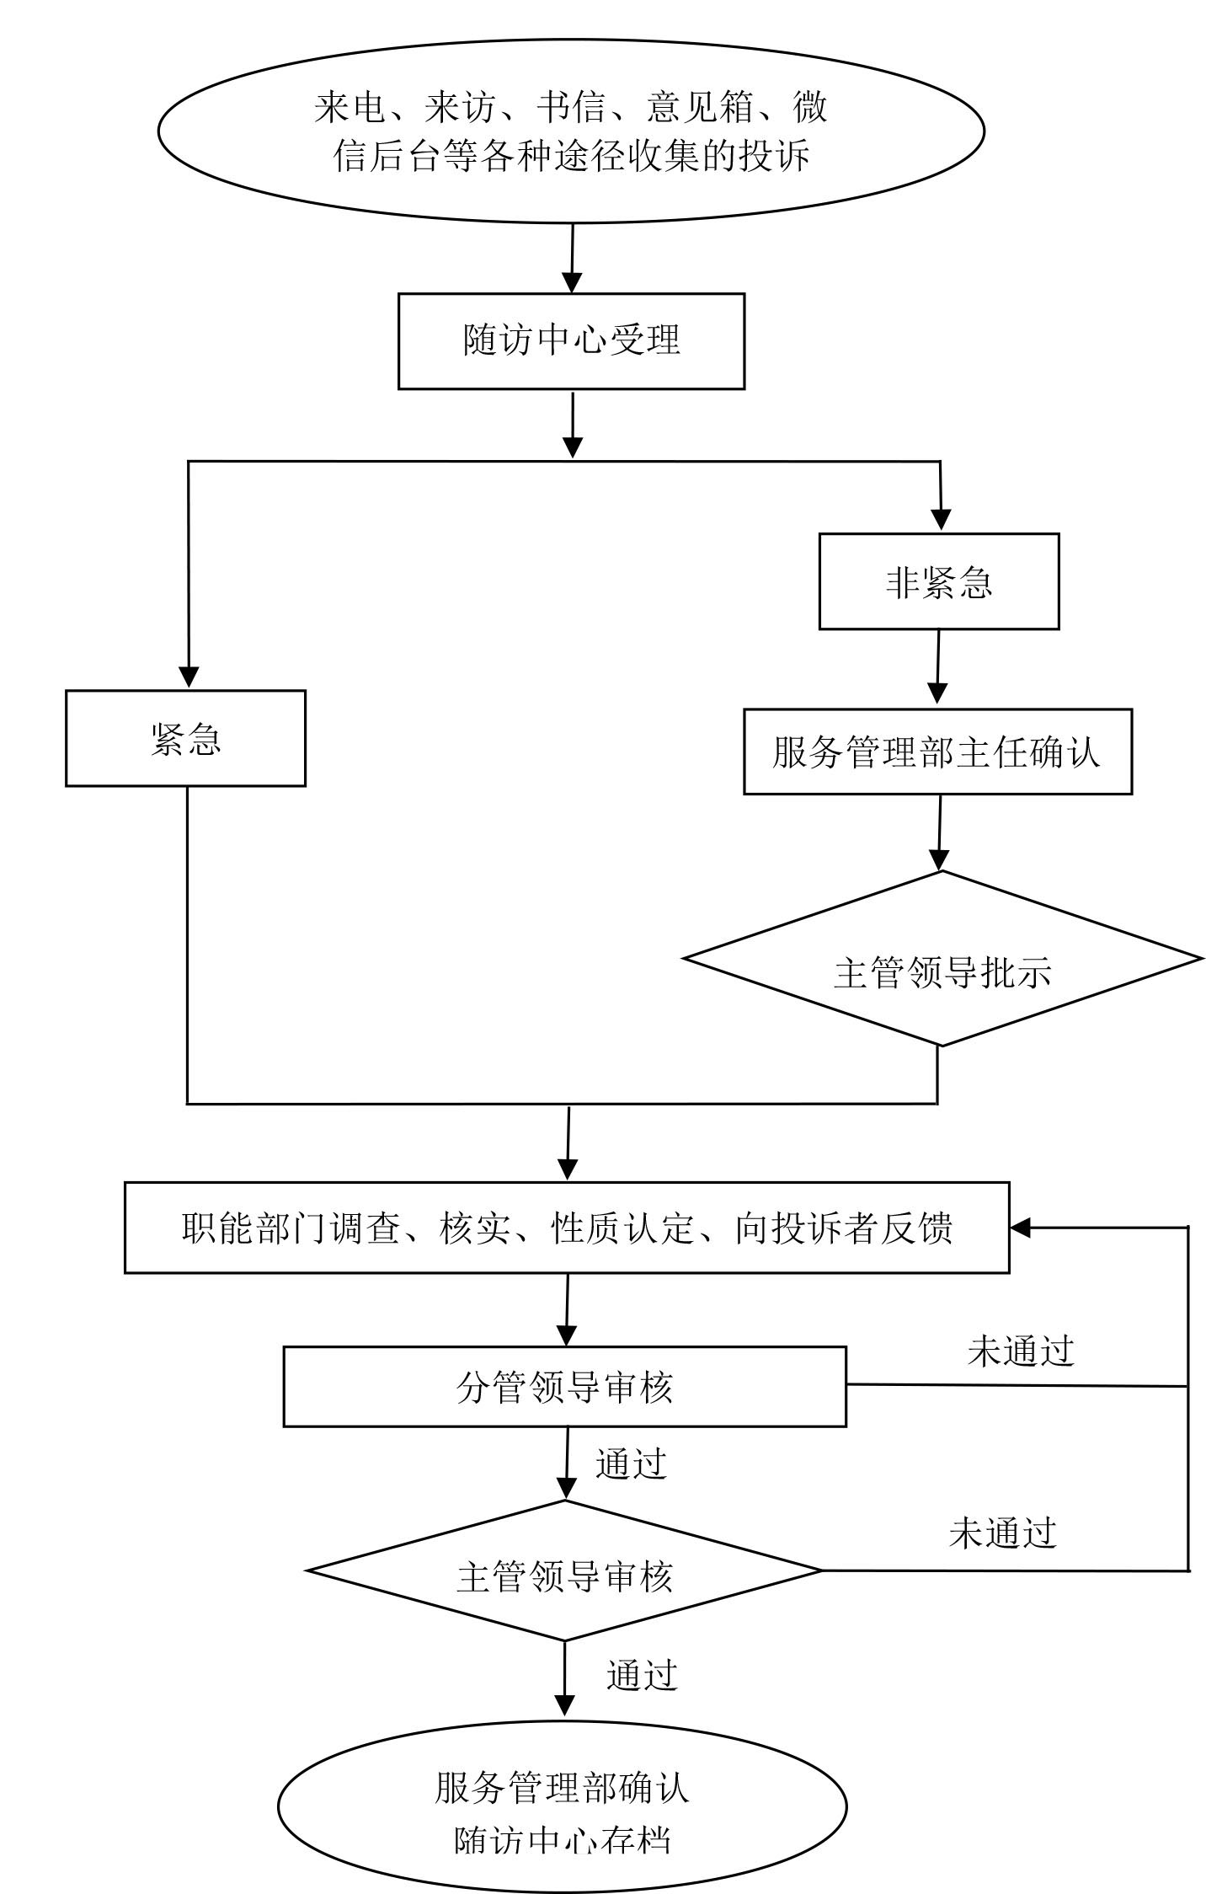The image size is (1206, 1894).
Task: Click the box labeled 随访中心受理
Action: pos(571,341)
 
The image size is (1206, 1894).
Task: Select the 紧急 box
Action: pos(185,739)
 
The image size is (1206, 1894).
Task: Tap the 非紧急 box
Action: pos(938,581)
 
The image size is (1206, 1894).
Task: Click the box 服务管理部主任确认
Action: pos(937,752)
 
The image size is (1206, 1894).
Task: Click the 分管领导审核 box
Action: pos(564,1386)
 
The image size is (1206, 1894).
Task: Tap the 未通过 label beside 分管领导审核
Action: pos(1020,1351)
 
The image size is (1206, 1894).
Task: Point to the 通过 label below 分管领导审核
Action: pos(631,1463)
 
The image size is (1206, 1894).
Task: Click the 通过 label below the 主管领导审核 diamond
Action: pos(642,1674)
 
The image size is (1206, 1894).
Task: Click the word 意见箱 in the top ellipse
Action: pos(700,108)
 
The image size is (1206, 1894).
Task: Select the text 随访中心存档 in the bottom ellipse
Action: pos(563,1839)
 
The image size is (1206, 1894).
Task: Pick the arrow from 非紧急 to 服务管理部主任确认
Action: pos(937,670)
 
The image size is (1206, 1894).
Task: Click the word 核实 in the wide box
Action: pos(474,1228)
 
